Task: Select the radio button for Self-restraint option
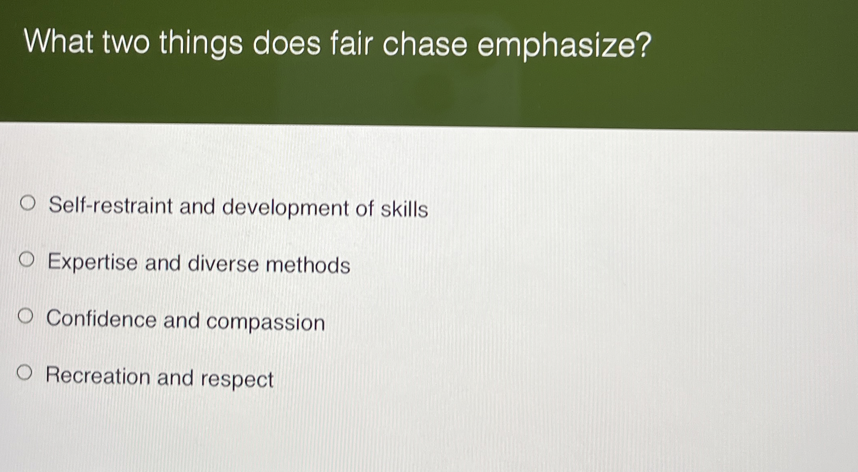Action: tap(28, 203)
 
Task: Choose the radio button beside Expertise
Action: tap(27, 260)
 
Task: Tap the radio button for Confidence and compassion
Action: tap(25, 316)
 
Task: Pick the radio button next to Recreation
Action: tap(24, 373)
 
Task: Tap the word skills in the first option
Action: tap(404, 209)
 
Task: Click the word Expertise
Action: tap(92, 262)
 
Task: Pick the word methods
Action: tap(308, 265)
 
